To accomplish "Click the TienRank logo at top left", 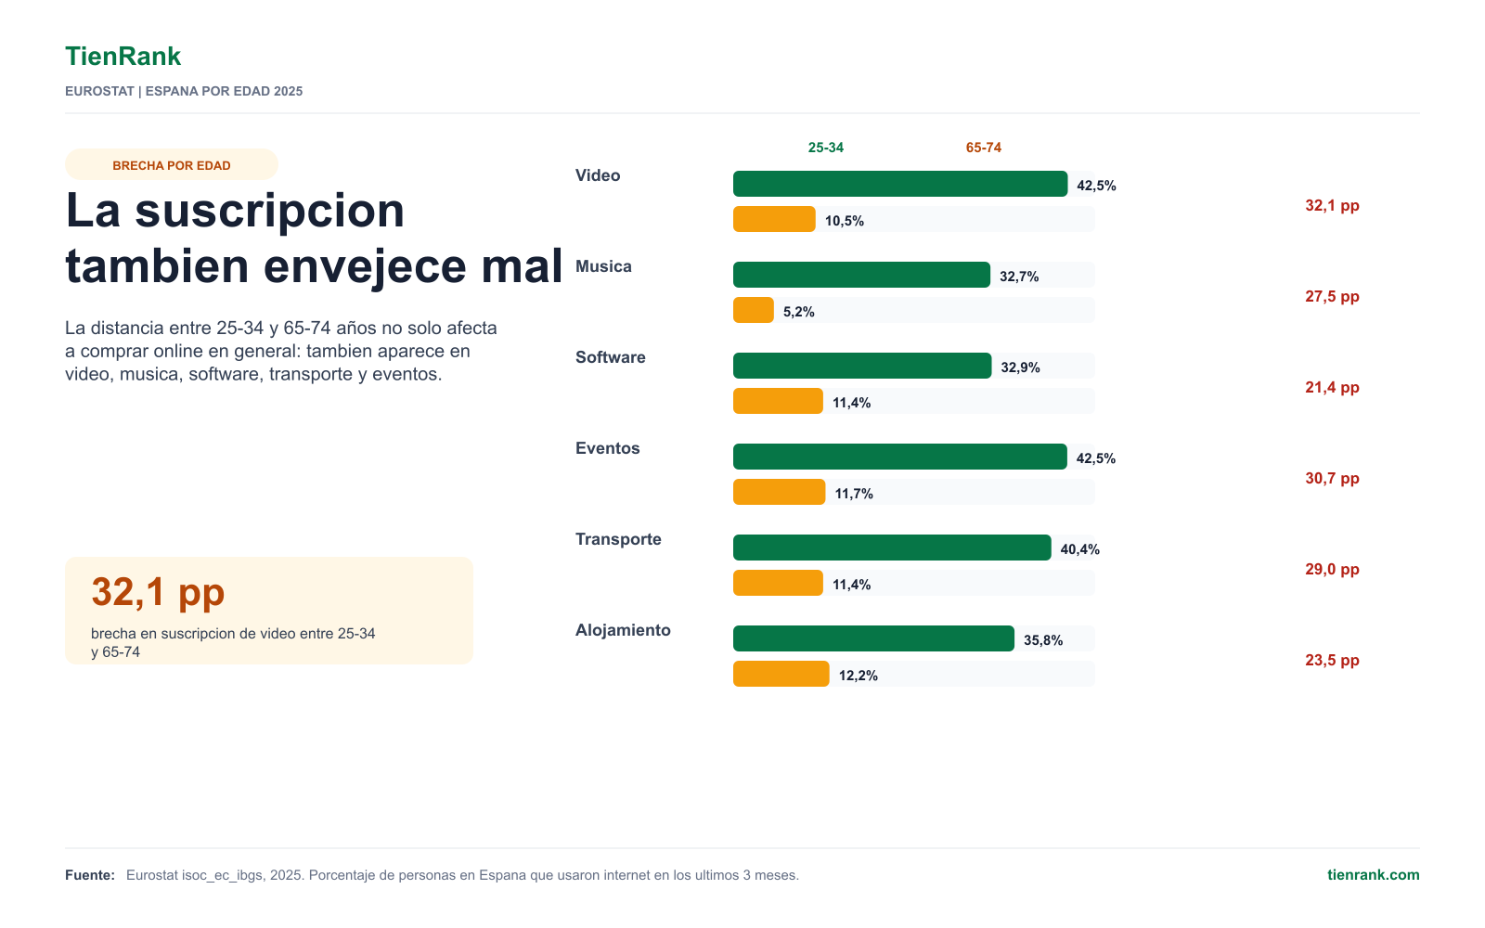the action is (123, 57).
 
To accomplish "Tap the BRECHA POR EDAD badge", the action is (171, 165).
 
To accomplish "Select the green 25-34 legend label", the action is (825, 148).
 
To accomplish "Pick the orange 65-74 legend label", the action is (983, 148).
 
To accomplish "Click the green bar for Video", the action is (900, 184).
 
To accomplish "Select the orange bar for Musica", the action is (753, 310).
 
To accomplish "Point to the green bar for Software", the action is (862, 366).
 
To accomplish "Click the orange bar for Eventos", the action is (779, 492).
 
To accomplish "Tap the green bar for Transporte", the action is (892, 548).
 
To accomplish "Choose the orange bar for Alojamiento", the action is (781, 674).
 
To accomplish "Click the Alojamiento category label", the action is (623, 630).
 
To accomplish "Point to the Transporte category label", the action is (618, 539).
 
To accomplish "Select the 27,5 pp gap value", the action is (1332, 296).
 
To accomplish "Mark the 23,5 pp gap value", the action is (1332, 660).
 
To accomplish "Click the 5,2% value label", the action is (798, 312).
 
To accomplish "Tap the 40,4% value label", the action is (1080, 548).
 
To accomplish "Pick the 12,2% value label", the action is (858, 676).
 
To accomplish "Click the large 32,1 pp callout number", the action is (158, 591).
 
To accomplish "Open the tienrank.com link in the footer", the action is (1373, 875).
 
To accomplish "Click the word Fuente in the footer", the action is (89, 875).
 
